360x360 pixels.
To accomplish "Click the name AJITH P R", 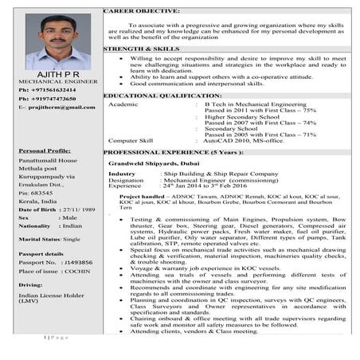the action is pyautogui.click(x=49, y=74).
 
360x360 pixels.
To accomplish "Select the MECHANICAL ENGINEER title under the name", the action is pyautogui.click(x=49, y=82).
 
